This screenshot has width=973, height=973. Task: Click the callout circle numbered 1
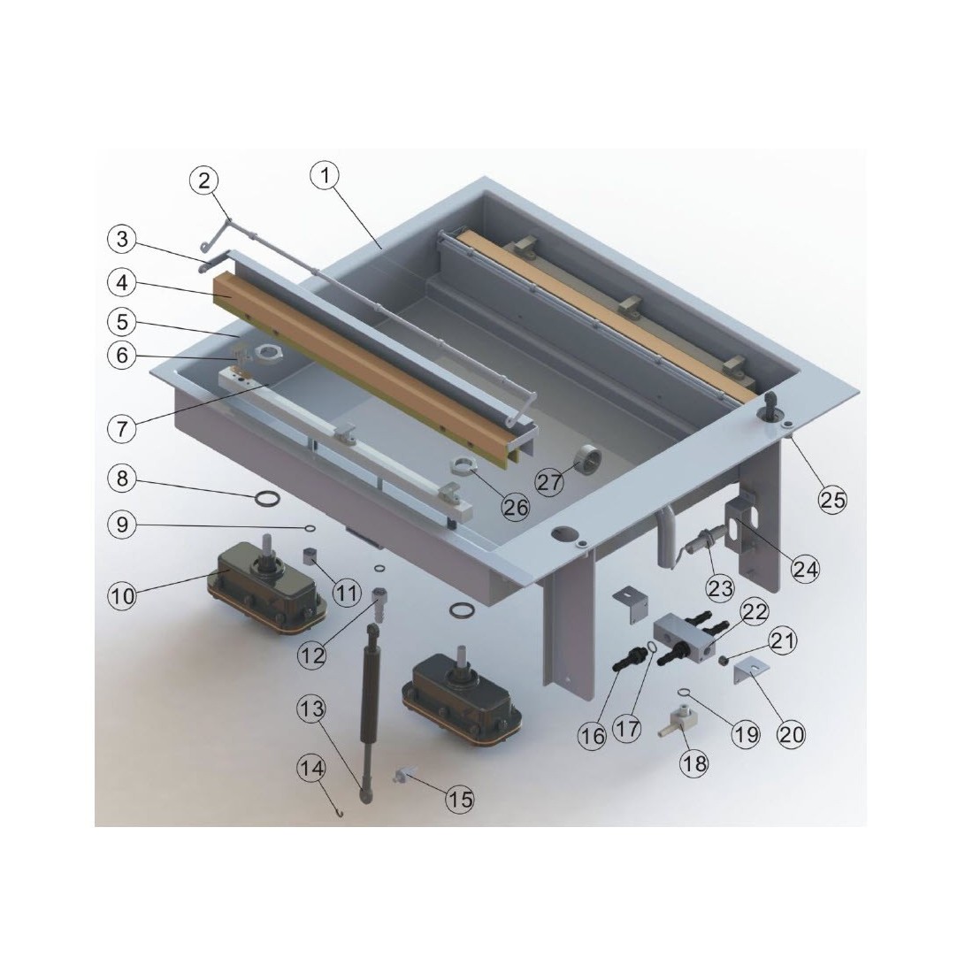pyautogui.click(x=326, y=176)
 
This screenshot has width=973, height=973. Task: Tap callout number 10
pyautogui.click(x=122, y=595)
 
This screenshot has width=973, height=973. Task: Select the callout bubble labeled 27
pyautogui.click(x=549, y=482)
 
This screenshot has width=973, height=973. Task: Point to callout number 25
pyautogui.click(x=832, y=499)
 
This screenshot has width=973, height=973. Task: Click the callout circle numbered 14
pyautogui.click(x=311, y=769)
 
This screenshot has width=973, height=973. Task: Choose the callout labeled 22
pyautogui.click(x=755, y=612)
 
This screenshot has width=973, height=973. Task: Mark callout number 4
pyautogui.click(x=122, y=283)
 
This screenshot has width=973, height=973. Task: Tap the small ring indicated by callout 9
pyautogui.click(x=310, y=528)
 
